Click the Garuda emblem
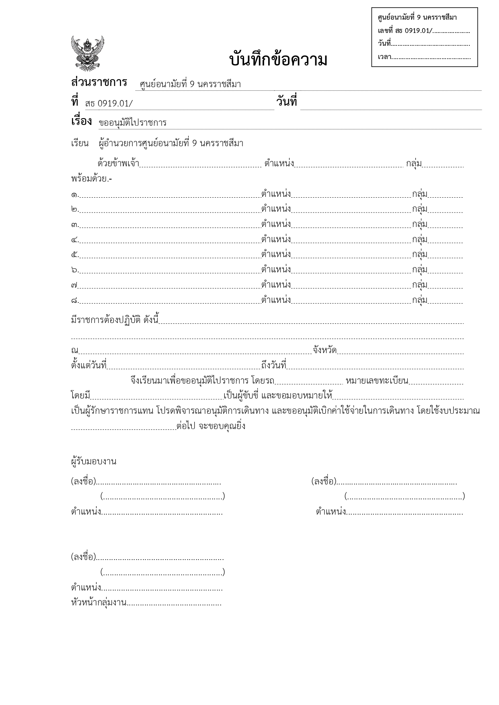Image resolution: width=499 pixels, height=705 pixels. click(87, 53)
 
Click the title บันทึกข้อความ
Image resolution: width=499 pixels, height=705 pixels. click(278, 60)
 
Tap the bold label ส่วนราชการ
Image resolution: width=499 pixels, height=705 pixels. click(99, 82)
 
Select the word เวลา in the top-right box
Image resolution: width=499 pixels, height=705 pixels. click(384, 57)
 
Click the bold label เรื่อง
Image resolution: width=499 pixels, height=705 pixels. click(81, 121)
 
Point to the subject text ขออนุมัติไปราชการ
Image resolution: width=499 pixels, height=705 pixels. click(133, 123)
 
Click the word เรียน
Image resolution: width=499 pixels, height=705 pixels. click(80, 143)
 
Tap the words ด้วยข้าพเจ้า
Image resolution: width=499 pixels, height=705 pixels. click(118, 163)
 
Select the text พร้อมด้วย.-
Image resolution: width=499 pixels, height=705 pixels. click(91, 179)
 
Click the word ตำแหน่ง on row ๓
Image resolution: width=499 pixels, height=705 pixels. click(276, 224)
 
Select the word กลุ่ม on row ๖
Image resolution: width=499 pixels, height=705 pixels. click(419, 270)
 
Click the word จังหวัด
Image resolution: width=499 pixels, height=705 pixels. click(324, 350)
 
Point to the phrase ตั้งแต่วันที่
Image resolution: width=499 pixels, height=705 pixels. click(89, 366)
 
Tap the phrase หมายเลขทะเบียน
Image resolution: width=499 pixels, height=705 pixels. click(377, 381)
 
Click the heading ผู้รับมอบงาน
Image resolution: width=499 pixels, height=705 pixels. click(94, 462)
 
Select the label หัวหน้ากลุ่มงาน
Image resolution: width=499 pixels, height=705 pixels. click(99, 603)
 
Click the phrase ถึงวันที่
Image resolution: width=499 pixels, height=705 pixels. click(273, 366)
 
